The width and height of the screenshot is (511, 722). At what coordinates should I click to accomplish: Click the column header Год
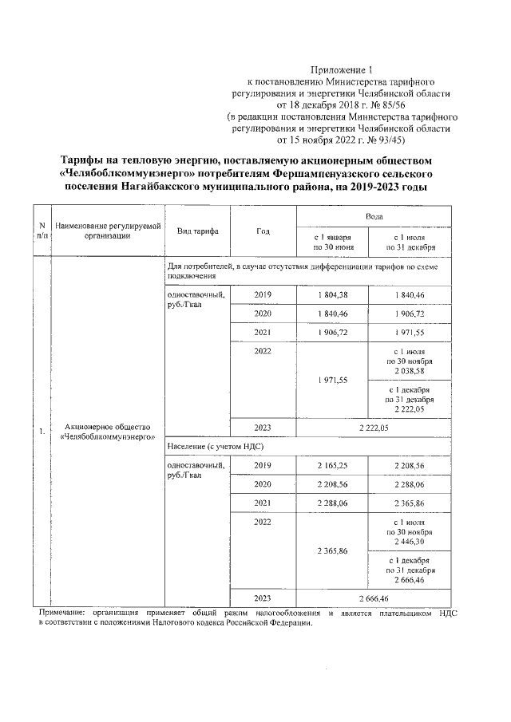pyautogui.click(x=263, y=231)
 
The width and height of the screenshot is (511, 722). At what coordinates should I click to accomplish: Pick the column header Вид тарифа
pyautogui.click(x=192, y=231)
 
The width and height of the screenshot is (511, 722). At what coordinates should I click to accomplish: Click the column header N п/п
pyautogui.click(x=42, y=231)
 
